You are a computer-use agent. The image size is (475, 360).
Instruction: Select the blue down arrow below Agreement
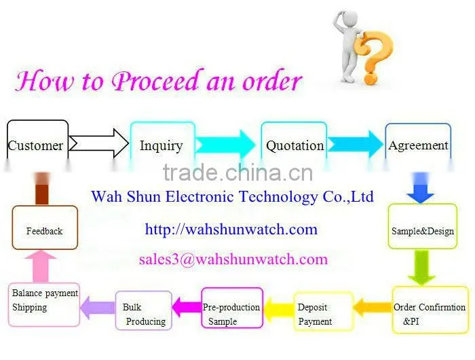click(420, 188)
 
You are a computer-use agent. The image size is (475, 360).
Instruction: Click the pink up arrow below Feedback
click(41, 266)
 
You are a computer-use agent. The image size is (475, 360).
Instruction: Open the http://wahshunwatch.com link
click(231, 230)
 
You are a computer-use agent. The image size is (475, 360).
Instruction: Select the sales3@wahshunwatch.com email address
click(233, 259)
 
